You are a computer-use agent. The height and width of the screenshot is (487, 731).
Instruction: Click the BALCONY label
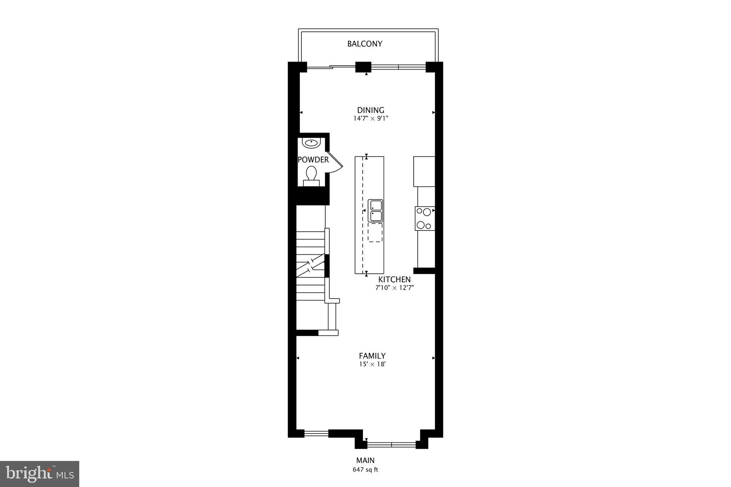[365, 44]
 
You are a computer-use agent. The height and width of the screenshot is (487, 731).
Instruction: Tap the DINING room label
[370, 110]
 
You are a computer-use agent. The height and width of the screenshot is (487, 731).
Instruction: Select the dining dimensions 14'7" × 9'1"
[370, 118]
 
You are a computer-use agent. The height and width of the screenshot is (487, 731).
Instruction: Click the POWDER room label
[313, 160]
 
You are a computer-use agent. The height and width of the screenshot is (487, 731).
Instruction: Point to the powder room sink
[312, 143]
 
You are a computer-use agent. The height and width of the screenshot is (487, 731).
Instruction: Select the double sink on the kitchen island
[375, 210]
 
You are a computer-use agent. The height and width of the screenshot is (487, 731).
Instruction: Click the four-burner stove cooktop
[424, 218]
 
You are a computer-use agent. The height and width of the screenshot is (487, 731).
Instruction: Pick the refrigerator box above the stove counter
[424, 171]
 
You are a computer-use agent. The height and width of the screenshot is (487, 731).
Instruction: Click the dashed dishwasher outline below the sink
[375, 233]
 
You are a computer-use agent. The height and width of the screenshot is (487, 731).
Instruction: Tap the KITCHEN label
[394, 280]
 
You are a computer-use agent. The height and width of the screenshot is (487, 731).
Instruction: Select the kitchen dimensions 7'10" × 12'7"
[394, 288]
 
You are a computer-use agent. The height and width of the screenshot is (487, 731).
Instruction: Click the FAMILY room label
[372, 356]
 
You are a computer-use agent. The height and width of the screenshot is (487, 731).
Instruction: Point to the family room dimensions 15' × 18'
[372, 364]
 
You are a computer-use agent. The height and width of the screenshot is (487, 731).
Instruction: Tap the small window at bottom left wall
[316, 433]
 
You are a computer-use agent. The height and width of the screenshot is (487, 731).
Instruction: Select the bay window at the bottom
[392, 445]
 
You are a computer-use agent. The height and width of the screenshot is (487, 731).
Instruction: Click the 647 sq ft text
[365, 470]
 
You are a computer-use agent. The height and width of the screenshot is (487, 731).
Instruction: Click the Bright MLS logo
[40, 474]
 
